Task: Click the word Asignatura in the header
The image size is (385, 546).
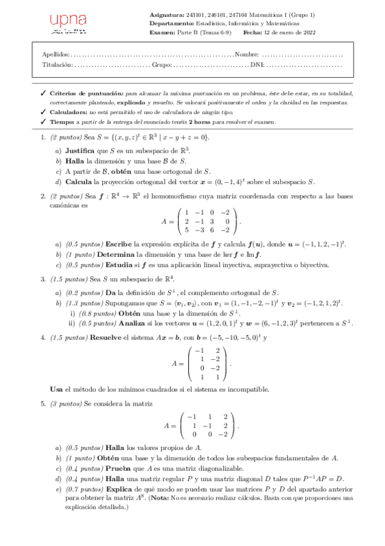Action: [166, 14]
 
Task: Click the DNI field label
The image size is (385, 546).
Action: [257, 65]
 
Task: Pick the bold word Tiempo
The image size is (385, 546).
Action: [62, 122]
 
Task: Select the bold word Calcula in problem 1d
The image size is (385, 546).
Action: [79, 182]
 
